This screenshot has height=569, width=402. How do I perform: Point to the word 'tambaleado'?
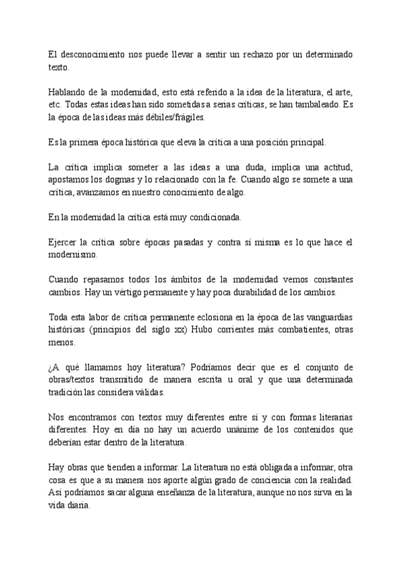click(x=311, y=104)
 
